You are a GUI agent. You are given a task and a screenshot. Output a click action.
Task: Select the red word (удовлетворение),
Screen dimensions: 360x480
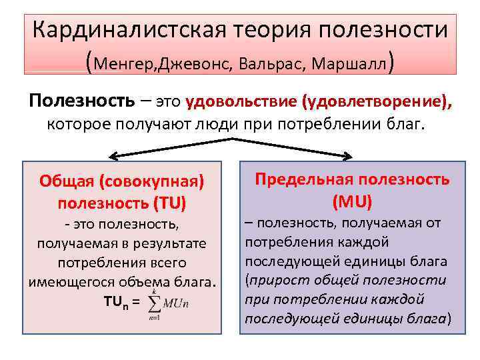click(377, 102)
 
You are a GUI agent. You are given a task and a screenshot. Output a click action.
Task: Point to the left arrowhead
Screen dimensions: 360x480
click(111, 157)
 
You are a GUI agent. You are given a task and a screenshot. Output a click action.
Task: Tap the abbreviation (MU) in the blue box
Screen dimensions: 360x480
click(353, 201)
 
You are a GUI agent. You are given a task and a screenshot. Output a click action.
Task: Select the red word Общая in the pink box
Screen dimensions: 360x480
click(62, 181)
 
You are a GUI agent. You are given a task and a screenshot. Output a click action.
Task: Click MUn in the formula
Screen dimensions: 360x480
click(177, 304)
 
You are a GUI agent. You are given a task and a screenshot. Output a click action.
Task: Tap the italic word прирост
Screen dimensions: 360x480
click(275, 279)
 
